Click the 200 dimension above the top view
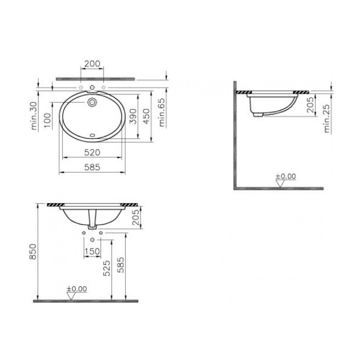[92, 64]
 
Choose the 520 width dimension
[92, 152]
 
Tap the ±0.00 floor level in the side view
[286, 176]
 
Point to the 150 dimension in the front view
[93, 251]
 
